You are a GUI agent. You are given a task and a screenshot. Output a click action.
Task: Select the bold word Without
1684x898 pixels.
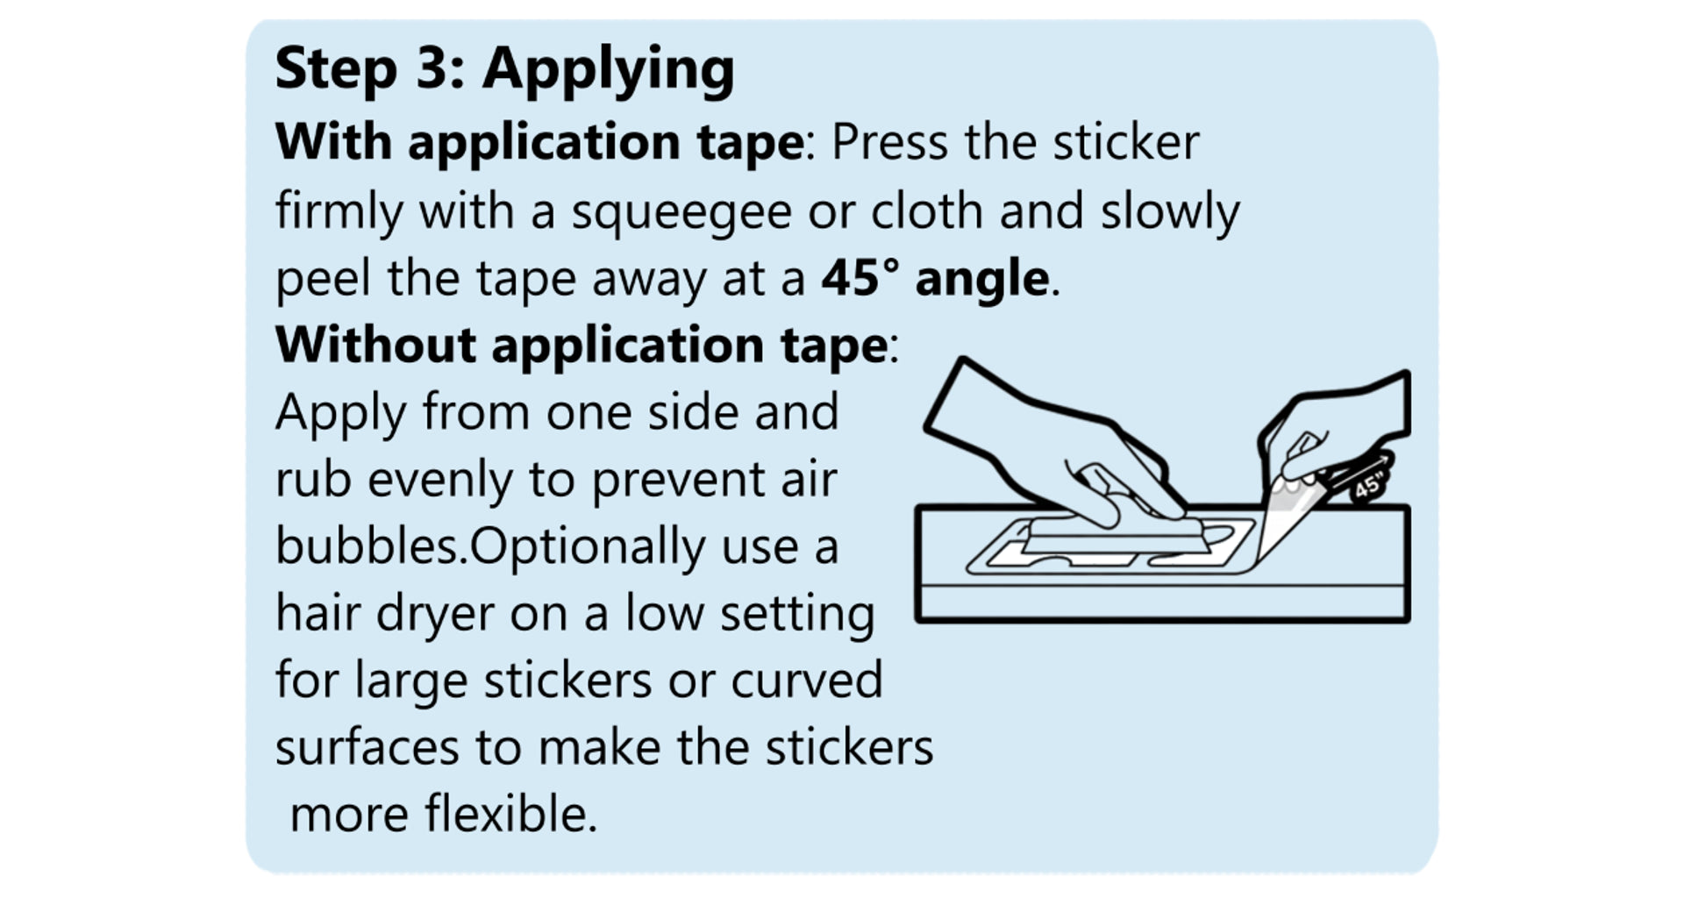tap(375, 344)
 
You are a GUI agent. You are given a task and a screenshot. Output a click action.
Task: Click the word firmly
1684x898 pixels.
tap(339, 213)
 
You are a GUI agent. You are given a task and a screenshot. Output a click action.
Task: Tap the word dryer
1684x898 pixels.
tap(435, 615)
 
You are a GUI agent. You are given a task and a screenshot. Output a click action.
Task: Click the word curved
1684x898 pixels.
tap(806, 681)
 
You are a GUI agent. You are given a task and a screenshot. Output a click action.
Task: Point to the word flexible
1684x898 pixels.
tap(510, 813)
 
